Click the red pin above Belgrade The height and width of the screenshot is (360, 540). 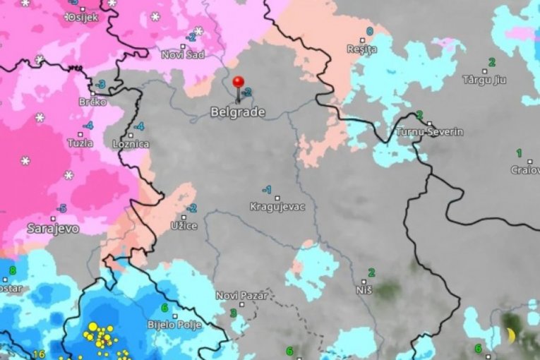(x=238, y=83)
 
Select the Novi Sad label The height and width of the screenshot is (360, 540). (x=183, y=54)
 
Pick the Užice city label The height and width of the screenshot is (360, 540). (x=184, y=225)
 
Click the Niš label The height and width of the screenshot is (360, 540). (x=364, y=289)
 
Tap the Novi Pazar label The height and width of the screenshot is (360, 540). (x=241, y=296)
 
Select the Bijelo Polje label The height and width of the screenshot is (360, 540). (x=174, y=325)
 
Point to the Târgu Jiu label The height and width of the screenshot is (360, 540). (x=485, y=80)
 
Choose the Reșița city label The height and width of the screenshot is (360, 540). (x=362, y=49)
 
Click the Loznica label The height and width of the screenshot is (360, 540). (x=131, y=144)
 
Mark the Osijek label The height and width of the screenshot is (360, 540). (x=82, y=17)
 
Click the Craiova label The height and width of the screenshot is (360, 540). (x=524, y=169)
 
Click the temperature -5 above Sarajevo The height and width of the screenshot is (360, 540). (x=61, y=208)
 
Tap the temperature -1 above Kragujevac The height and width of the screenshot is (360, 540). (x=267, y=190)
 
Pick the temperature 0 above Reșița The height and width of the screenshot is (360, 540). (x=369, y=31)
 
